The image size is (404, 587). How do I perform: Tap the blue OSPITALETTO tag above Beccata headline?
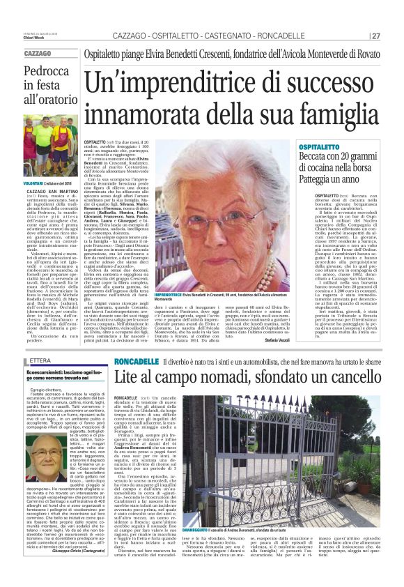coord(300,148)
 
